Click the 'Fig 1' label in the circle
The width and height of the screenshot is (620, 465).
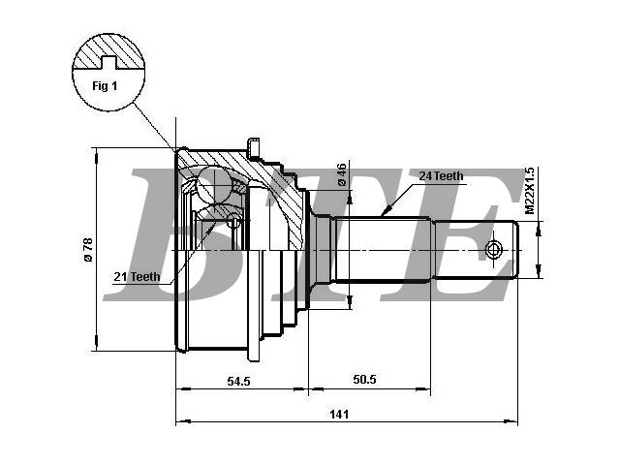pos(105,86)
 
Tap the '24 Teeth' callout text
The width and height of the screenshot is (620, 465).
pos(442,176)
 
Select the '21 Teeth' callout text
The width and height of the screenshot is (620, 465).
pos(137,276)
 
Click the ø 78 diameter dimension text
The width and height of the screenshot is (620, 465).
pos(88,250)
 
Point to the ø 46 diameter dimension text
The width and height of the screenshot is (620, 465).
pos(342,174)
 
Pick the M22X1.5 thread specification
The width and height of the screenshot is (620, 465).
pos(530,191)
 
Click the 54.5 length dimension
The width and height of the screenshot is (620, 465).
pos(239,381)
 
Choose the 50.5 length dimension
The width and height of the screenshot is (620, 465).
pos(364,380)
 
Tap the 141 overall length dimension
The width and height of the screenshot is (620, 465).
pos(339,414)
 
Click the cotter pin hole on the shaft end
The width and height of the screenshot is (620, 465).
pos(493,250)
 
